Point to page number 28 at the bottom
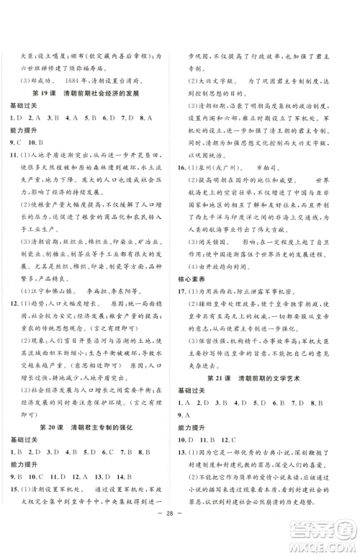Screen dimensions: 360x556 coord(180,535)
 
